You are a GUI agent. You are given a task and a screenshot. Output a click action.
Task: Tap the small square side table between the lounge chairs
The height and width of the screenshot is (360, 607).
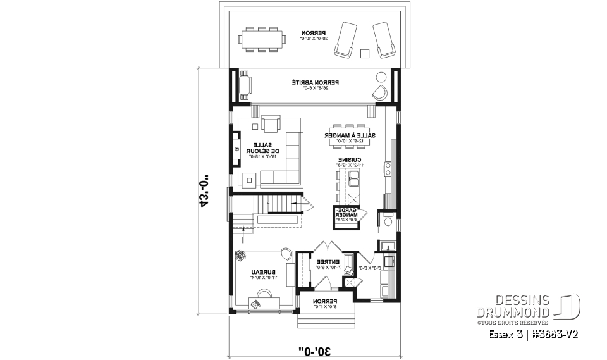click(x=364, y=53)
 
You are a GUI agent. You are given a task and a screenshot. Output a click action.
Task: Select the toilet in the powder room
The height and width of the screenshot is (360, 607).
click(x=386, y=221)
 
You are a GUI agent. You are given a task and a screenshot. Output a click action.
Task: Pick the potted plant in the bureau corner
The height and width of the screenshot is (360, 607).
click(x=241, y=256)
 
